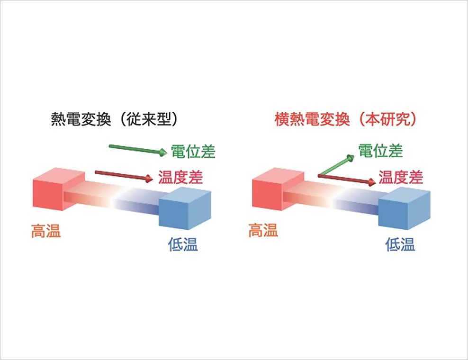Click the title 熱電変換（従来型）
pos(115,119)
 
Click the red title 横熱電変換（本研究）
pos(345,119)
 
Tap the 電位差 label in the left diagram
pos(193,152)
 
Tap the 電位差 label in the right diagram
pos(380,151)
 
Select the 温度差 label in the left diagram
pos(180,177)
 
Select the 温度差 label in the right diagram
pos(401,177)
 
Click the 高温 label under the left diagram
pos(46,231)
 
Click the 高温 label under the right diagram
pos(263,230)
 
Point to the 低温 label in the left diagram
pos(183,244)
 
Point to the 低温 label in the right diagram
pos(400,244)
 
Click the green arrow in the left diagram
pos(138,149)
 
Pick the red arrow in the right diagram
pos(347,179)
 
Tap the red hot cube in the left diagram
pos(59,189)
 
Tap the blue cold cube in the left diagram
pos(185,208)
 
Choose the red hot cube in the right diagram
pos(278,189)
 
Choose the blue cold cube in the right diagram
pos(405,208)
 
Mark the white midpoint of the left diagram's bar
pos(113,199)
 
